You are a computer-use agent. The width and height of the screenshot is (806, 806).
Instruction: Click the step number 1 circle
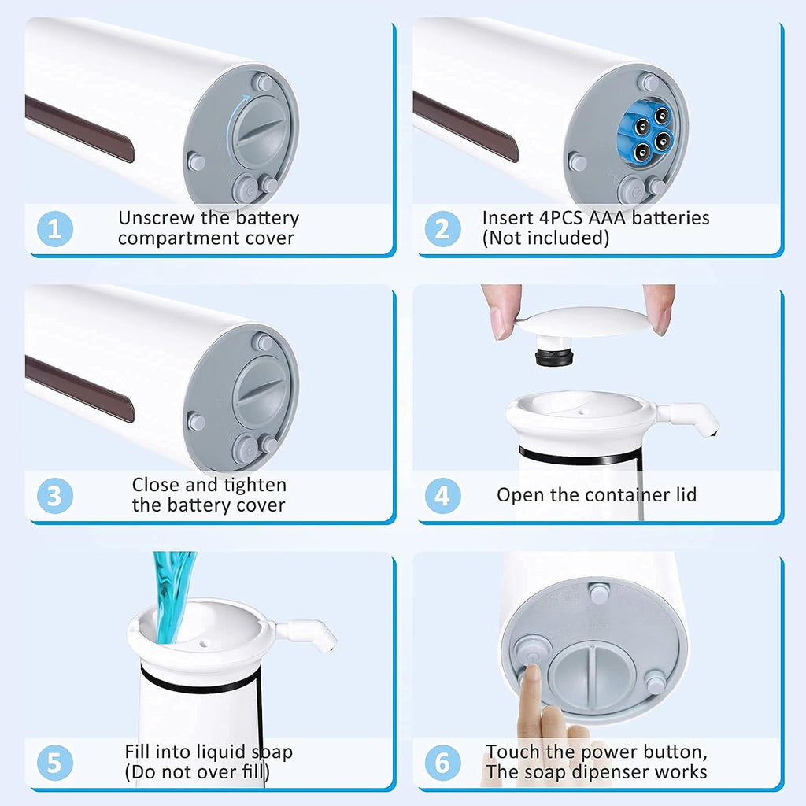[x=55, y=229]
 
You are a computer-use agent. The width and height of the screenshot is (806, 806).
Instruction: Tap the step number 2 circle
[x=442, y=229]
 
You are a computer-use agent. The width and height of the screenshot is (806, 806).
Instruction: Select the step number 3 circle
[x=55, y=497]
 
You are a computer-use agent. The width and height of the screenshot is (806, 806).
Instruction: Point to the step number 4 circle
[x=442, y=497]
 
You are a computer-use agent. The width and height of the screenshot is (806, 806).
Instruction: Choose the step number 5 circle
[x=55, y=763]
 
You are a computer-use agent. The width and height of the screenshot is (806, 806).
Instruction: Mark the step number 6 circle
[x=442, y=763]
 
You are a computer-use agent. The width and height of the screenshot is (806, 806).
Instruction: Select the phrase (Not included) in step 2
[x=545, y=238]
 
